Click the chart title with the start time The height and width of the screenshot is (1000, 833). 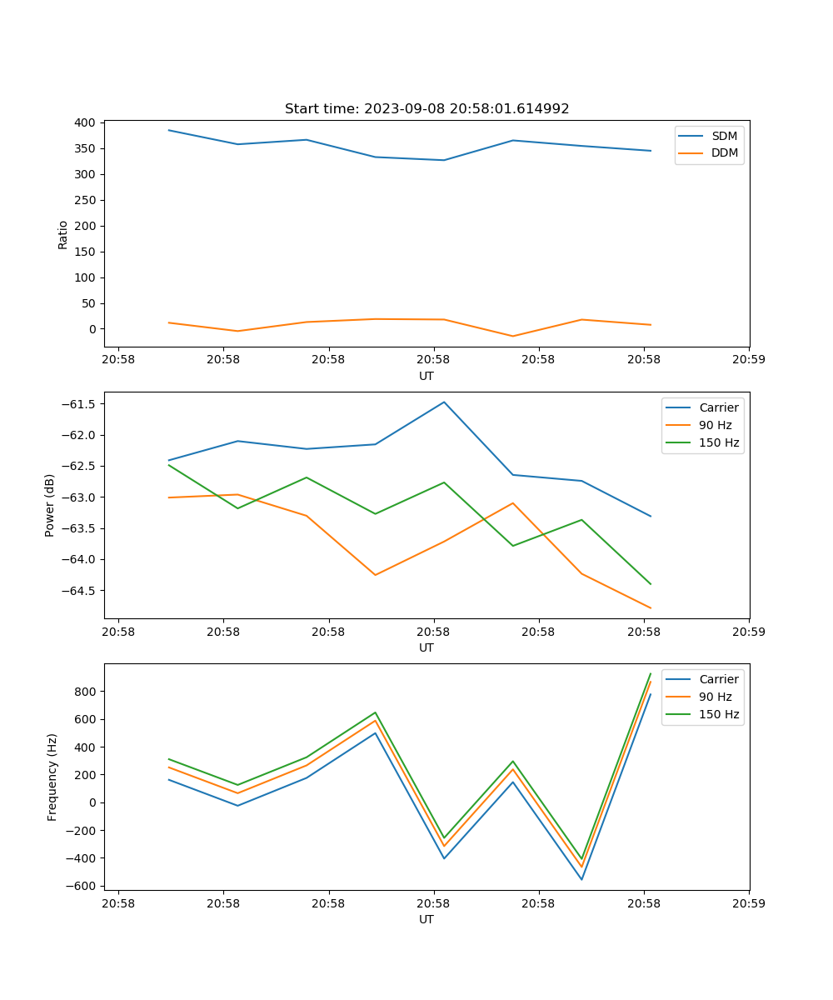(x=426, y=109)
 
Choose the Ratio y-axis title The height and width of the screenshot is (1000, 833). (x=63, y=234)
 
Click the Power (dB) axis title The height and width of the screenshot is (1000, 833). (x=50, y=505)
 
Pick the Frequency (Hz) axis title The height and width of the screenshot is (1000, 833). (x=52, y=777)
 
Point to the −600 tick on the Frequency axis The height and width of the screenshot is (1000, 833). (x=83, y=886)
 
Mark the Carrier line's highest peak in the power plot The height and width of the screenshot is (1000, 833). (x=444, y=402)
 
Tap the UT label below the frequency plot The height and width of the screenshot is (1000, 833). (x=426, y=920)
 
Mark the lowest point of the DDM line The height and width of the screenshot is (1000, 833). (x=512, y=336)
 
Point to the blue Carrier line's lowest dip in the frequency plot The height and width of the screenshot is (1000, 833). (x=581, y=879)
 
